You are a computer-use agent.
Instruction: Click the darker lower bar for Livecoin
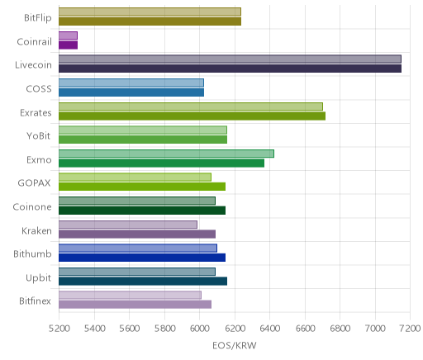click(x=230, y=69)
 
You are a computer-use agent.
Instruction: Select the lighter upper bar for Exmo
click(x=166, y=154)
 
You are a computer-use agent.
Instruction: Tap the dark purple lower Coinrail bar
click(x=68, y=45)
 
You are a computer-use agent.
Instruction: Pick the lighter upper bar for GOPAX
click(x=135, y=177)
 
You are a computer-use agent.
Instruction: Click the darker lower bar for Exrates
click(x=192, y=116)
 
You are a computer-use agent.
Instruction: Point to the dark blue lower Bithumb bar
click(x=142, y=258)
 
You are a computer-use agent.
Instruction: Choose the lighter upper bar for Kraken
click(x=128, y=225)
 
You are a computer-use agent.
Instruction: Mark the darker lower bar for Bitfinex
click(x=135, y=305)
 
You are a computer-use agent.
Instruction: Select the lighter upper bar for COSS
click(x=131, y=83)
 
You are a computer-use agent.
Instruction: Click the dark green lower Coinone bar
click(x=142, y=211)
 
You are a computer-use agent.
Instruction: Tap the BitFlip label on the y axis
click(x=38, y=18)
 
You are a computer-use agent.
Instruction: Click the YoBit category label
click(x=39, y=136)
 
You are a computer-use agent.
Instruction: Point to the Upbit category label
click(x=38, y=278)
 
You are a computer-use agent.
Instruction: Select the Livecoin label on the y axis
click(x=33, y=65)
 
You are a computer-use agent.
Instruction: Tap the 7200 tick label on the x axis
click(x=411, y=329)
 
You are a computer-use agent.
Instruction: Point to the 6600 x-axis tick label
click(x=305, y=329)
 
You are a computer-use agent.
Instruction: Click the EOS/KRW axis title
click(x=235, y=345)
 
